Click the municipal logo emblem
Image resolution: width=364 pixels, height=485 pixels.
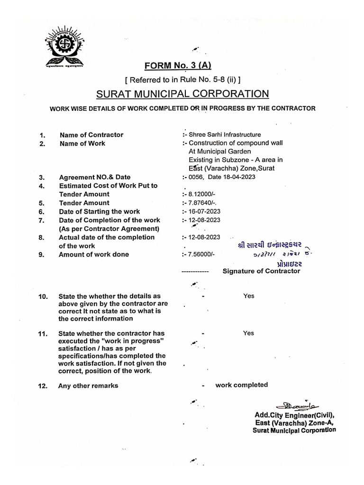click(x=66, y=47)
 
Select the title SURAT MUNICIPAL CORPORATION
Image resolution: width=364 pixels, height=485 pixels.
click(x=182, y=94)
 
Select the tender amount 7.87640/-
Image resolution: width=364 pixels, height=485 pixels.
click(x=201, y=203)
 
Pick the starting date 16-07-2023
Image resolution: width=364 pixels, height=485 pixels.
click(x=204, y=211)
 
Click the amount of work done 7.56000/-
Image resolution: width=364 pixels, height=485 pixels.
click(x=201, y=254)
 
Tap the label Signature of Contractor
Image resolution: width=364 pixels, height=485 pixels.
click(x=261, y=271)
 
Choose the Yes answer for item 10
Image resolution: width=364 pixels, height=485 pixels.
click(x=249, y=296)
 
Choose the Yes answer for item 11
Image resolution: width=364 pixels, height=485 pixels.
click(x=249, y=333)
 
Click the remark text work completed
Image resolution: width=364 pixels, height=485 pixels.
click(x=241, y=385)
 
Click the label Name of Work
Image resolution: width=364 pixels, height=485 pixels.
click(x=82, y=144)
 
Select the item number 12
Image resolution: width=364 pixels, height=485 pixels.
click(x=43, y=386)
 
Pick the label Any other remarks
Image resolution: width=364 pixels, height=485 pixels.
click(x=88, y=386)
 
